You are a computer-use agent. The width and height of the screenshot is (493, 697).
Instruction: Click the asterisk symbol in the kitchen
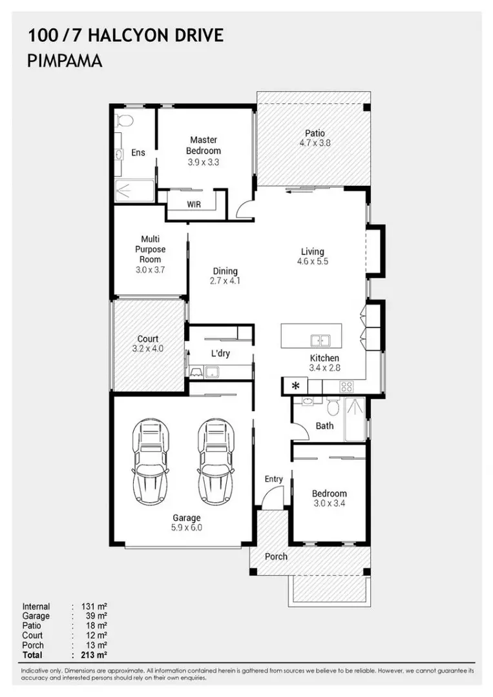tap(295, 386)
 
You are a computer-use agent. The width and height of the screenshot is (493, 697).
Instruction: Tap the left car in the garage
tap(151, 461)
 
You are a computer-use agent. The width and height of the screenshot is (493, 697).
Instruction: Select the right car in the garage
tap(216, 461)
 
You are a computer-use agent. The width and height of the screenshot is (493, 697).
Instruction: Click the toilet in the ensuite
tap(124, 121)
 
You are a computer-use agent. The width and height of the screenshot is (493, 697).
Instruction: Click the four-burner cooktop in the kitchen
tap(346, 387)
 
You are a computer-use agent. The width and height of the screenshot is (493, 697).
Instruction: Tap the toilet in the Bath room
tap(332, 405)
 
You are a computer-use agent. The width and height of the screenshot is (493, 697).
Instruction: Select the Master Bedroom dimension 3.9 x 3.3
tap(204, 162)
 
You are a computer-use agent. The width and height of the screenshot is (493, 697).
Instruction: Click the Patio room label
tap(315, 133)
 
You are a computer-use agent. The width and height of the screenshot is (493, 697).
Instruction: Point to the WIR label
tap(194, 205)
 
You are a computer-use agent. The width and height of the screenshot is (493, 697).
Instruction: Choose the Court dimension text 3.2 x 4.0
tap(148, 348)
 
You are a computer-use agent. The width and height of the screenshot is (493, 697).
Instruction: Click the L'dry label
tap(220, 354)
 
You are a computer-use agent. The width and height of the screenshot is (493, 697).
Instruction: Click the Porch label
tap(276, 556)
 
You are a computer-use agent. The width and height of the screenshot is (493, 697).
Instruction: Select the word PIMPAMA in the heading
tap(65, 61)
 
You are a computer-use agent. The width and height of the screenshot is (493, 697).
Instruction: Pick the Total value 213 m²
tap(94, 655)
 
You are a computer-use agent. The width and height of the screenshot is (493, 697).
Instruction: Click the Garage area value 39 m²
tap(96, 616)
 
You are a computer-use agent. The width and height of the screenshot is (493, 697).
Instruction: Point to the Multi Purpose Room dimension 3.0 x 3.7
tap(151, 270)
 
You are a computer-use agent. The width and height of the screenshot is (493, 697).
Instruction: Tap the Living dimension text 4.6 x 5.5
tap(313, 261)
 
